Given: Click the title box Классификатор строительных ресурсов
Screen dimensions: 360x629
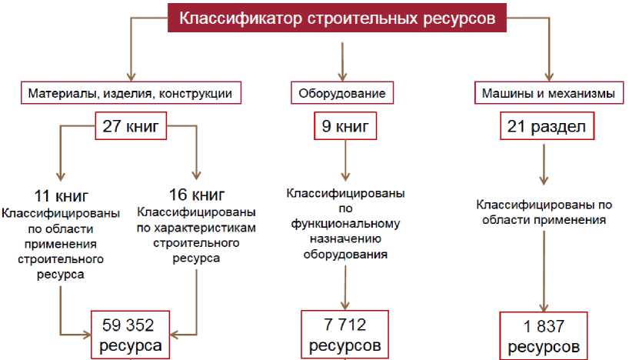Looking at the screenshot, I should pos(338,18).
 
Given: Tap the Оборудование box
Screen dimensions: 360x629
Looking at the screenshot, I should pos(341,94).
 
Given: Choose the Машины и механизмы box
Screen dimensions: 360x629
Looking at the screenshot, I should pos(547,94).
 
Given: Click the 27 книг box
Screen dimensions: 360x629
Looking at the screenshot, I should pos(130,126).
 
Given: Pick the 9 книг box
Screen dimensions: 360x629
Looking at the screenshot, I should pos(344,126).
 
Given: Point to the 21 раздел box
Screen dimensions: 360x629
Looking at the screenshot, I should pos(547,126).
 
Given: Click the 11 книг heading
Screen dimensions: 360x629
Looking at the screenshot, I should pos(61,195).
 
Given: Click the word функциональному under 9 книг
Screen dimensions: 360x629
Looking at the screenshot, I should pos(344,224).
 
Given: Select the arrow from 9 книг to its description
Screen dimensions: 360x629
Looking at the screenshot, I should pos(344,161).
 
